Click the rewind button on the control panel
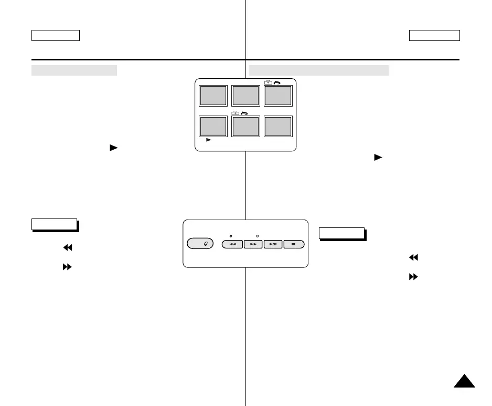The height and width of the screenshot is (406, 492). pos(232,245)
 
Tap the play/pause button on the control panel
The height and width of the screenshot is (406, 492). pos(273,245)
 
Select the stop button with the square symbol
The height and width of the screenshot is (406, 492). pos(294,245)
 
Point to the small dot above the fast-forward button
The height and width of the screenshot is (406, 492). pos(258,237)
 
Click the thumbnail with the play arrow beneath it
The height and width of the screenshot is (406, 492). pos(213,127)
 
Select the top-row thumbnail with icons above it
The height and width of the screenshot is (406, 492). pos(277,96)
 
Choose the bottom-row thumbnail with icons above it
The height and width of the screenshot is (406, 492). pos(245,127)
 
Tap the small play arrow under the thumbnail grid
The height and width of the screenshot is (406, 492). pos(208,141)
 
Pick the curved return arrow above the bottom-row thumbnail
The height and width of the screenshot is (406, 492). pos(244,113)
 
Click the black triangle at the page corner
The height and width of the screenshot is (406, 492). pos(464,381)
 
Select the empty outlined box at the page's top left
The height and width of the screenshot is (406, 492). pos(55,35)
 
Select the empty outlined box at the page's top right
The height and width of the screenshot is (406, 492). pos(434,35)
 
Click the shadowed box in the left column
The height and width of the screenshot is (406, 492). pos(54,224)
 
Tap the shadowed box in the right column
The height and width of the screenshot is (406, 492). pos(341,233)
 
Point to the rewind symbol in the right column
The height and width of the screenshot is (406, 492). pos(413,257)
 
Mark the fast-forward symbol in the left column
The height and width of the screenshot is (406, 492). pos(67,267)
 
